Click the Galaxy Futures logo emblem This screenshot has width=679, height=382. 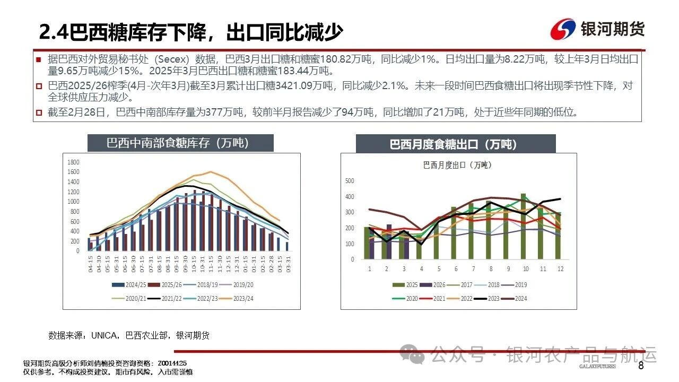click(x=563, y=29)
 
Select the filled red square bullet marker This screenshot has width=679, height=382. click(x=39, y=59)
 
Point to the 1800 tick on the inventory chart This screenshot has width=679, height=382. click(x=74, y=162)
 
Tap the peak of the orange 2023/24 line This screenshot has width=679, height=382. click(x=211, y=171)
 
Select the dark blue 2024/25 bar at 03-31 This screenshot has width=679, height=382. click(x=287, y=246)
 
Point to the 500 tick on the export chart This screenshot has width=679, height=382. click(x=350, y=181)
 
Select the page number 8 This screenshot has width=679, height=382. click(x=641, y=366)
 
